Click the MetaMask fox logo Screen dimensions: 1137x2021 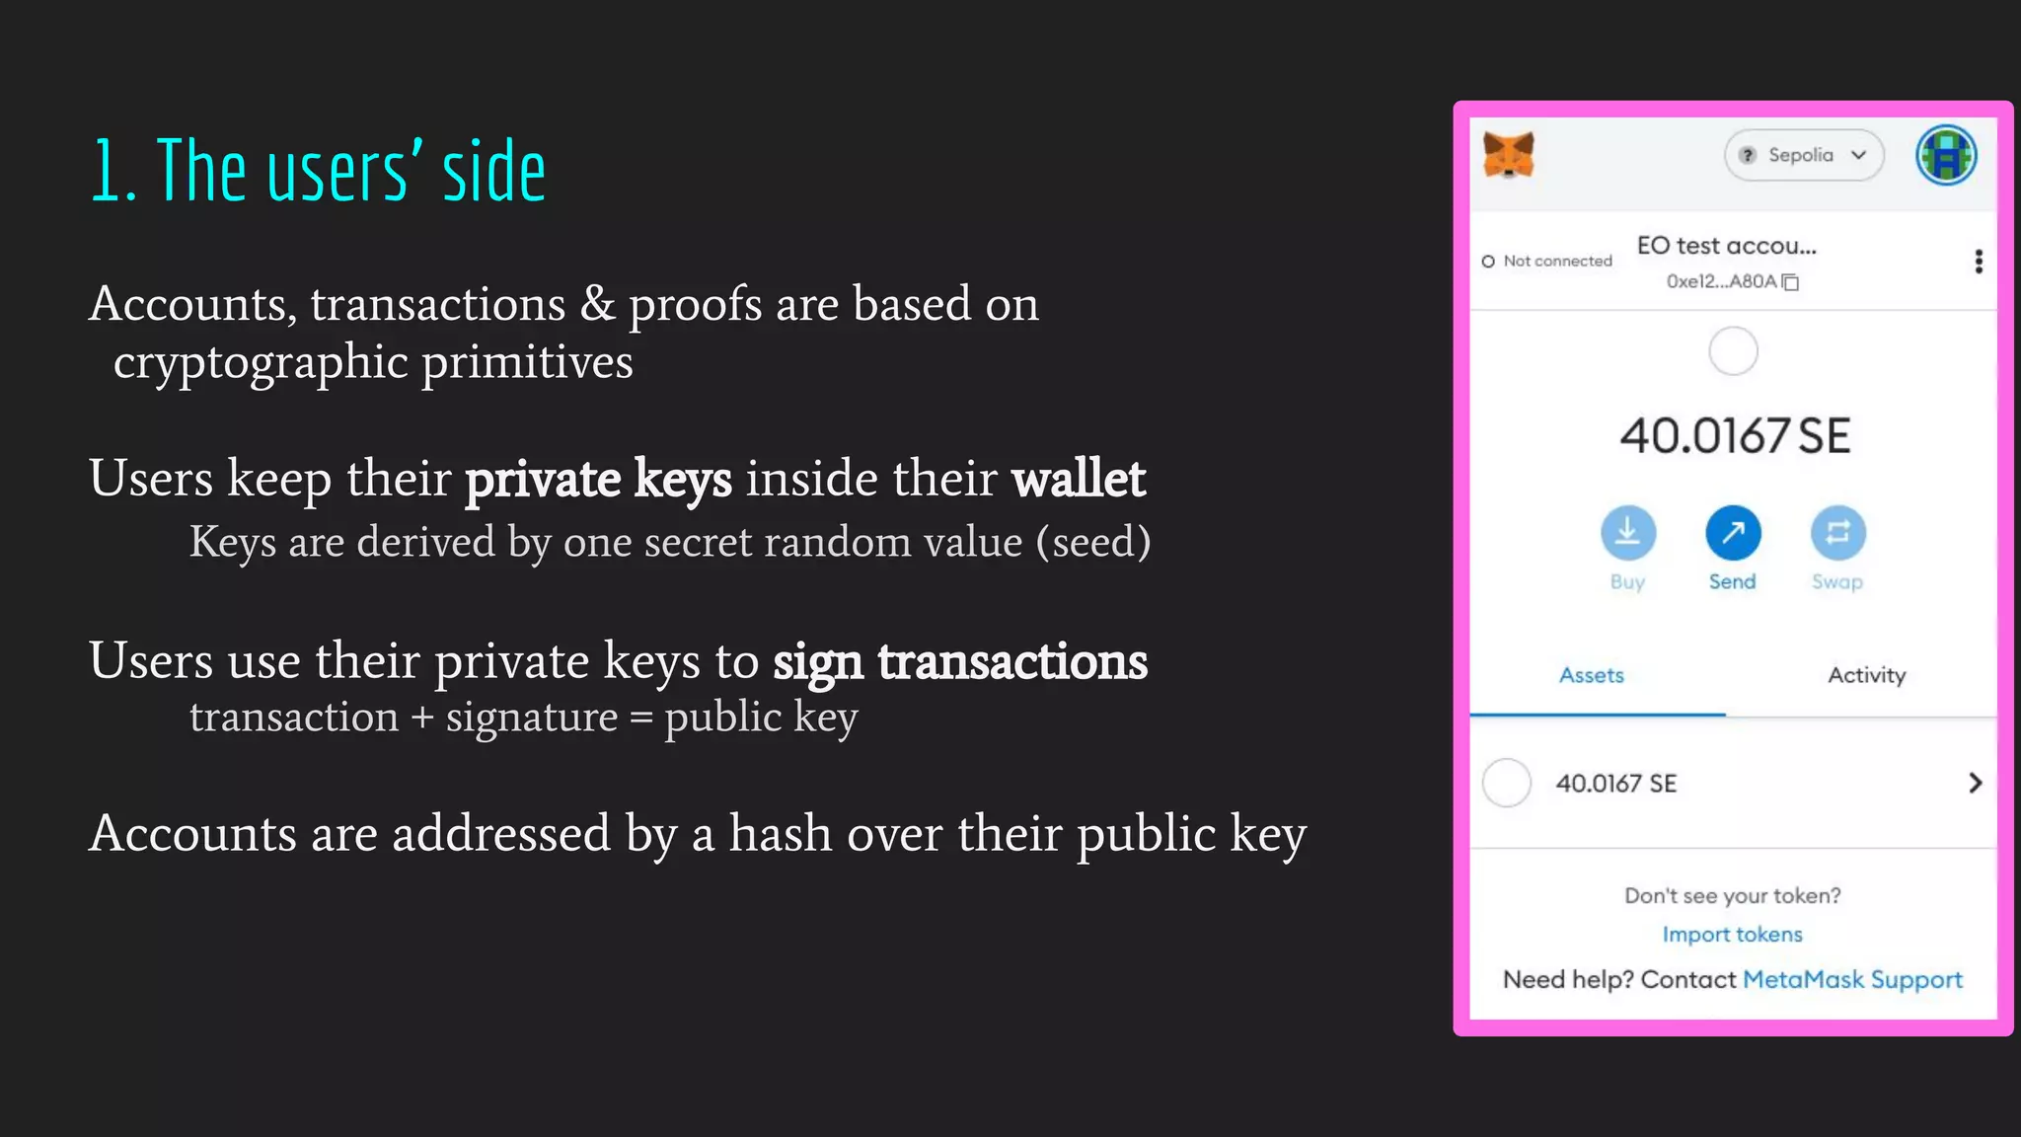[1509, 156]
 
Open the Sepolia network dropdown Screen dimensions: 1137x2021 [1803, 155]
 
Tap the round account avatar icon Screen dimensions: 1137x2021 [1946, 155]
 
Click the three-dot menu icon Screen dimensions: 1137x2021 [1978, 262]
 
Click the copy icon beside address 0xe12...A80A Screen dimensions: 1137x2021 [1791, 282]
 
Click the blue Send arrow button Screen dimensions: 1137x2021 [1733, 533]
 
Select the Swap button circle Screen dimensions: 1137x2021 [1837, 533]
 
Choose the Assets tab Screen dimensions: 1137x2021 [1591, 676]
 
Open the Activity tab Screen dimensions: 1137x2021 [1866, 676]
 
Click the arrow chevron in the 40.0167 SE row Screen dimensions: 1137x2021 [1975, 784]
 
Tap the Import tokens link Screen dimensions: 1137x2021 [1732, 935]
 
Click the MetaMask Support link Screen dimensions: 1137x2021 [1852, 980]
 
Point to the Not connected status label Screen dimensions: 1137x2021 [1556, 262]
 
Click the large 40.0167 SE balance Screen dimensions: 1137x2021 [1734, 436]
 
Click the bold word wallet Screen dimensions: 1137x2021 [1078, 480]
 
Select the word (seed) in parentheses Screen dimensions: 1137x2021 [1092, 543]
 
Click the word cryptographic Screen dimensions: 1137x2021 [261, 363]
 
